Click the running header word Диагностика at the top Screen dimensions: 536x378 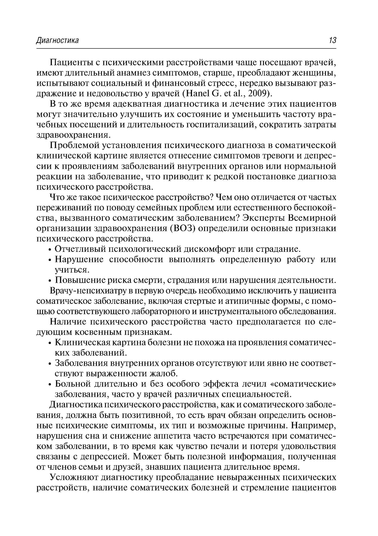point(57,40)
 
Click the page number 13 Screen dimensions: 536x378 point(332,40)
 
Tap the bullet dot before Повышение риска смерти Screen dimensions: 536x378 point(50,281)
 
